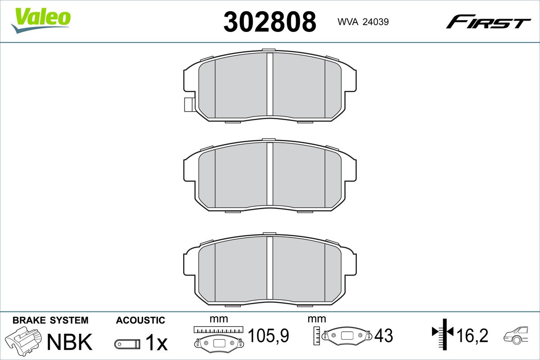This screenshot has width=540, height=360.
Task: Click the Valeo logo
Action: point(41,20)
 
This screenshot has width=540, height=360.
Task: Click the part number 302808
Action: point(270,22)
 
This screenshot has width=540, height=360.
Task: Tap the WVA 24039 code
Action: point(363,22)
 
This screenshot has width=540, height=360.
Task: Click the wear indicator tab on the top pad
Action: point(189,105)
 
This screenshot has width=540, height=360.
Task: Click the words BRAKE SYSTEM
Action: point(50,320)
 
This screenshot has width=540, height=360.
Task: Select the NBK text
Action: point(70,342)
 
